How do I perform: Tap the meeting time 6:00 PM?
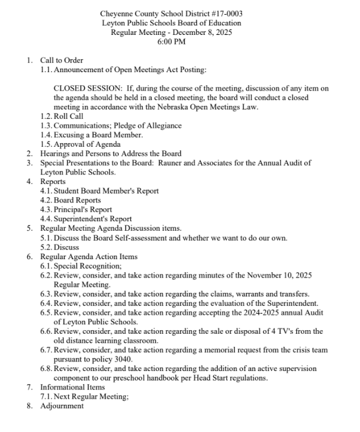point(171,42)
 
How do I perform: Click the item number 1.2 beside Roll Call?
point(46,117)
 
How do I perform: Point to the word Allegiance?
point(161,125)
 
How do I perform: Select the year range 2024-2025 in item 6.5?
point(274,312)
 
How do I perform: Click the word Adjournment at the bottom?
point(62,406)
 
